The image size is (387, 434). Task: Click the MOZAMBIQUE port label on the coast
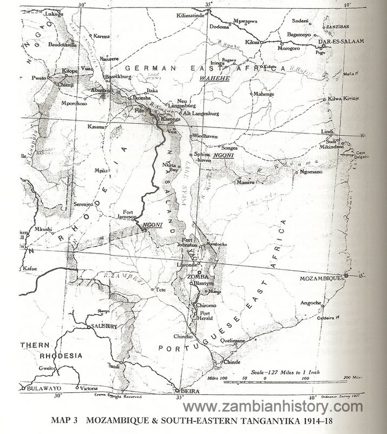tap(320, 277)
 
